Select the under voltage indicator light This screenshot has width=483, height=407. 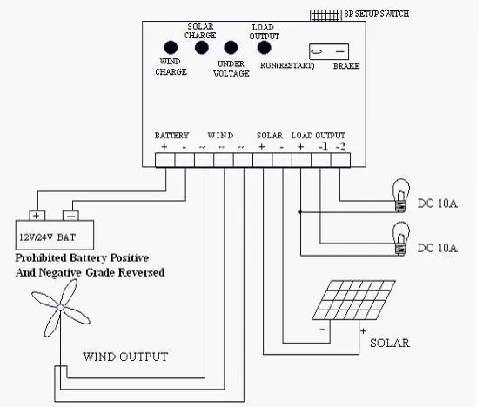tap(231, 49)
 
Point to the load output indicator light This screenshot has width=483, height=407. tap(264, 49)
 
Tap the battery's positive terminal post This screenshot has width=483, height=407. tap(37, 215)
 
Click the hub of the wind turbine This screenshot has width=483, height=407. tap(62, 307)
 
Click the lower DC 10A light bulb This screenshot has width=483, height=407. tap(401, 237)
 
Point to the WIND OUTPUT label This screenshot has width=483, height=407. tap(125, 357)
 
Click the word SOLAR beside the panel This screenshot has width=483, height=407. tap(389, 343)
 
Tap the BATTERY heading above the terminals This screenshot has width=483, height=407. tap(171, 136)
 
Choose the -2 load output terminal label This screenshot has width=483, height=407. tap(340, 147)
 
